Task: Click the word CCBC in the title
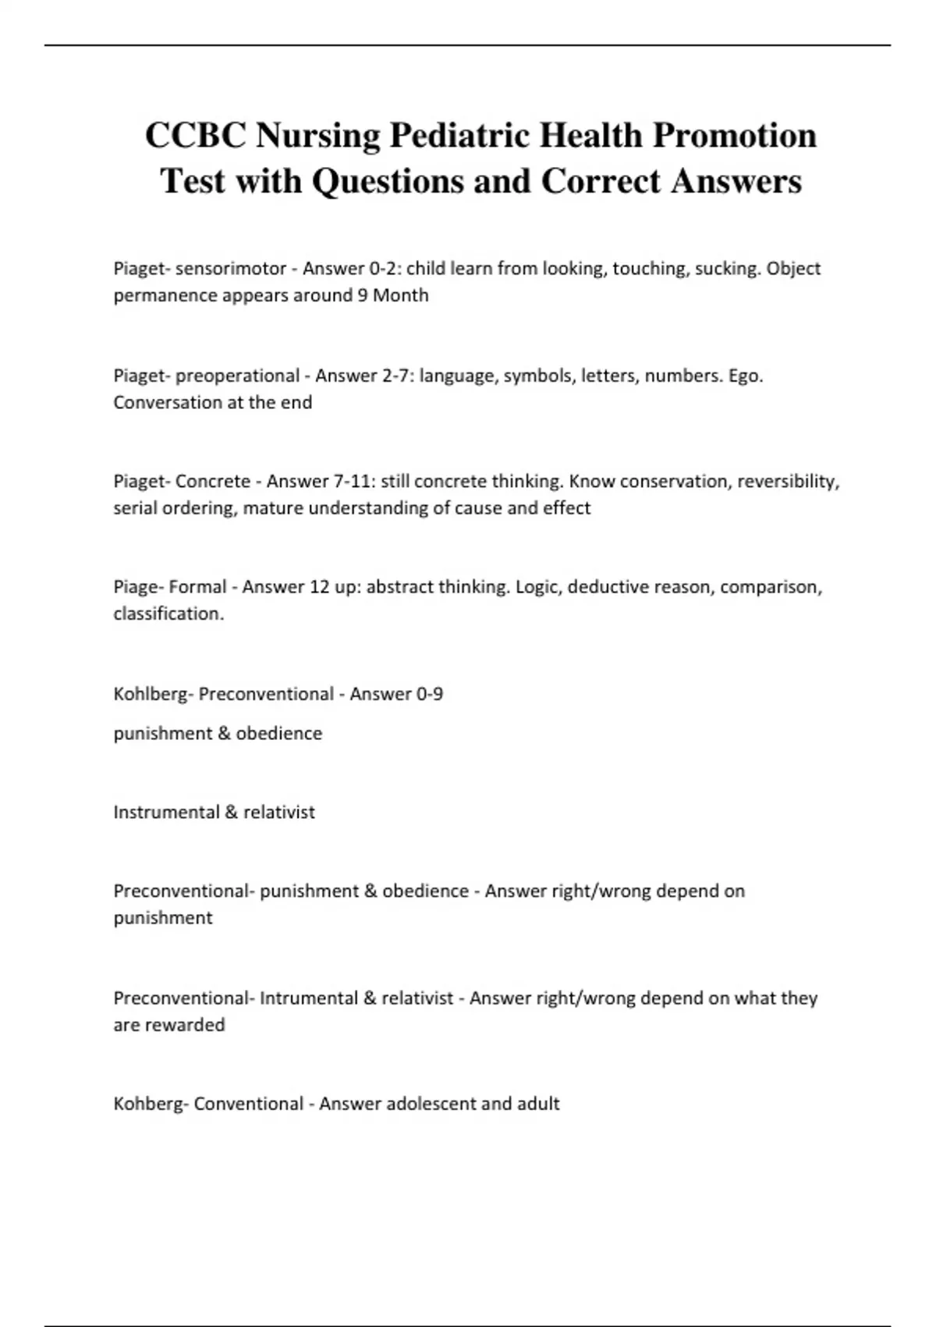(x=197, y=135)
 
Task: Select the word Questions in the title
(x=388, y=181)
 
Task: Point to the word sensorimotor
(x=231, y=269)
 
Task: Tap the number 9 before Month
(x=363, y=295)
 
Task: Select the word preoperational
(x=237, y=375)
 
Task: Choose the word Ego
(x=746, y=375)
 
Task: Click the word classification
(x=168, y=614)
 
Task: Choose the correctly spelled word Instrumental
(x=166, y=812)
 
